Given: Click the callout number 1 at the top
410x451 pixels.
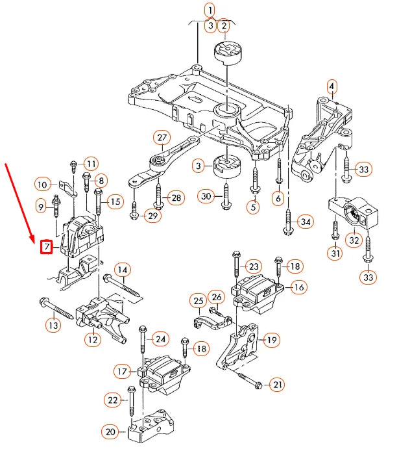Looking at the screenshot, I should pyautogui.click(x=210, y=10).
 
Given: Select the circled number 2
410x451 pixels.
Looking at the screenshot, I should pyautogui.click(x=224, y=26).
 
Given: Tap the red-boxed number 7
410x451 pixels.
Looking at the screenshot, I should pyautogui.click(x=46, y=246).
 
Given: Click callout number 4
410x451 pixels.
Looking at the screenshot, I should pyautogui.click(x=332, y=86).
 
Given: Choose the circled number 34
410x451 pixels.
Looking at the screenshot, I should pyautogui.click(x=305, y=222).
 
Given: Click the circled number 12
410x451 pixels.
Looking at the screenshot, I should pyautogui.click(x=93, y=338).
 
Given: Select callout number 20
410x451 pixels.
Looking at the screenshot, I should pyautogui.click(x=110, y=431).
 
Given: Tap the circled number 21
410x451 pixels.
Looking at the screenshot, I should pyautogui.click(x=277, y=385).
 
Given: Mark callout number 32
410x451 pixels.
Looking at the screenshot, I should pyautogui.click(x=354, y=240).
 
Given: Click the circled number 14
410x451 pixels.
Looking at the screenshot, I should pyautogui.click(x=123, y=269).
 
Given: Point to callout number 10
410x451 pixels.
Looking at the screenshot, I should pyautogui.click(x=43, y=185).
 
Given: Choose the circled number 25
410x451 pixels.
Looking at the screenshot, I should pyautogui.click(x=198, y=301).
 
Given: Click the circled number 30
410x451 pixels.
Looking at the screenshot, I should pyautogui.click(x=206, y=196).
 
